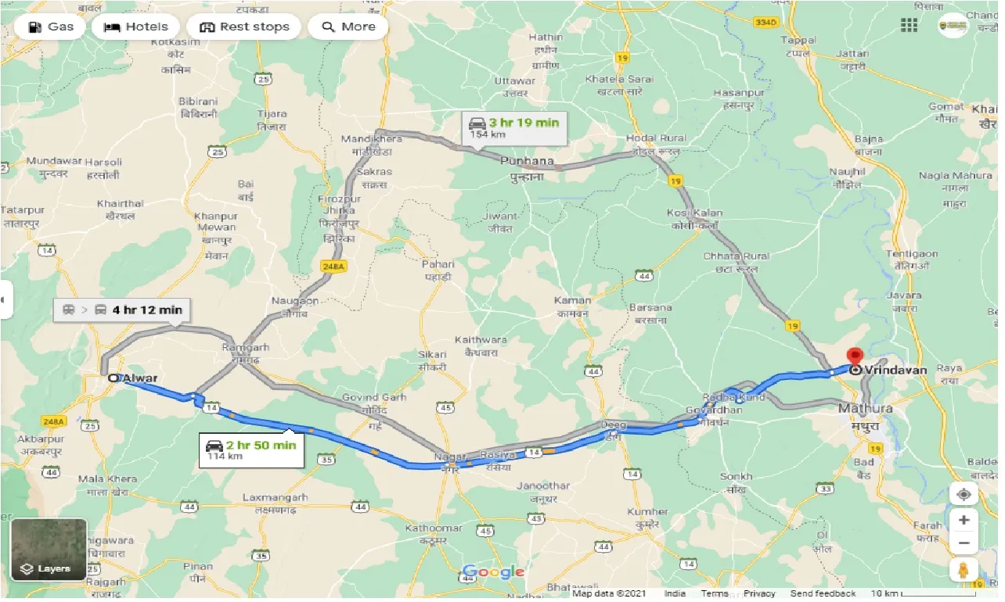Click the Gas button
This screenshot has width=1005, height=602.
coord(51,27)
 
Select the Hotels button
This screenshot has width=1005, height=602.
coord(136,27)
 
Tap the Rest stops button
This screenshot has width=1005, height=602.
coord(244,27)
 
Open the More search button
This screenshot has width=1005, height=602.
coord(348,27)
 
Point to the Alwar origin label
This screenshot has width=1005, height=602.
coord(140,378)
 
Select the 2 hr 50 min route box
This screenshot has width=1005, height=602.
coord(250,450)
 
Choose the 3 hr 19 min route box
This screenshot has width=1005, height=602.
coord(514,127)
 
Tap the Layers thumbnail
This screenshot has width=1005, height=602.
coord(49,549)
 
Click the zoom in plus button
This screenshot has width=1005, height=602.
coord(964,520)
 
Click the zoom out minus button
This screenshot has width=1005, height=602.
coord(964,543)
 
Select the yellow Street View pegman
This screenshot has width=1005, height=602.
coord(964,570)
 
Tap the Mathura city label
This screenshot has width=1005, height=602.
coord(864,409)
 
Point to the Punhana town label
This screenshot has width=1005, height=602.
coord(527,163)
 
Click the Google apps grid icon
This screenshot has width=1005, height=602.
coord(909,26)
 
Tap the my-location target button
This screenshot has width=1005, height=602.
coord(964,494)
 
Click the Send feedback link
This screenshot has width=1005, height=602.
coord(823,594)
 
